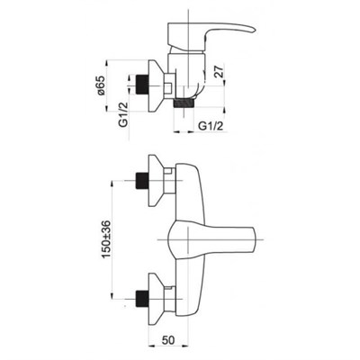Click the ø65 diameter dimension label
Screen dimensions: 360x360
coord(101,85)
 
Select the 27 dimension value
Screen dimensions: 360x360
coord(220,72)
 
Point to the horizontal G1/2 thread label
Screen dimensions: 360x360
coord(211,127)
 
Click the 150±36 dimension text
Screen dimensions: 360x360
coord(106,239)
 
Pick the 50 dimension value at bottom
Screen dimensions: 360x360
coord(168,340)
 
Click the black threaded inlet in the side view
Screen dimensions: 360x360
coord(142,85)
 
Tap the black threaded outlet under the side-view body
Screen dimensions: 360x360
coord(184,103)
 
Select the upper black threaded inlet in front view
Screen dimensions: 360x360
coord(142,181)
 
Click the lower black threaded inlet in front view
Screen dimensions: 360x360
coord(142,299)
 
